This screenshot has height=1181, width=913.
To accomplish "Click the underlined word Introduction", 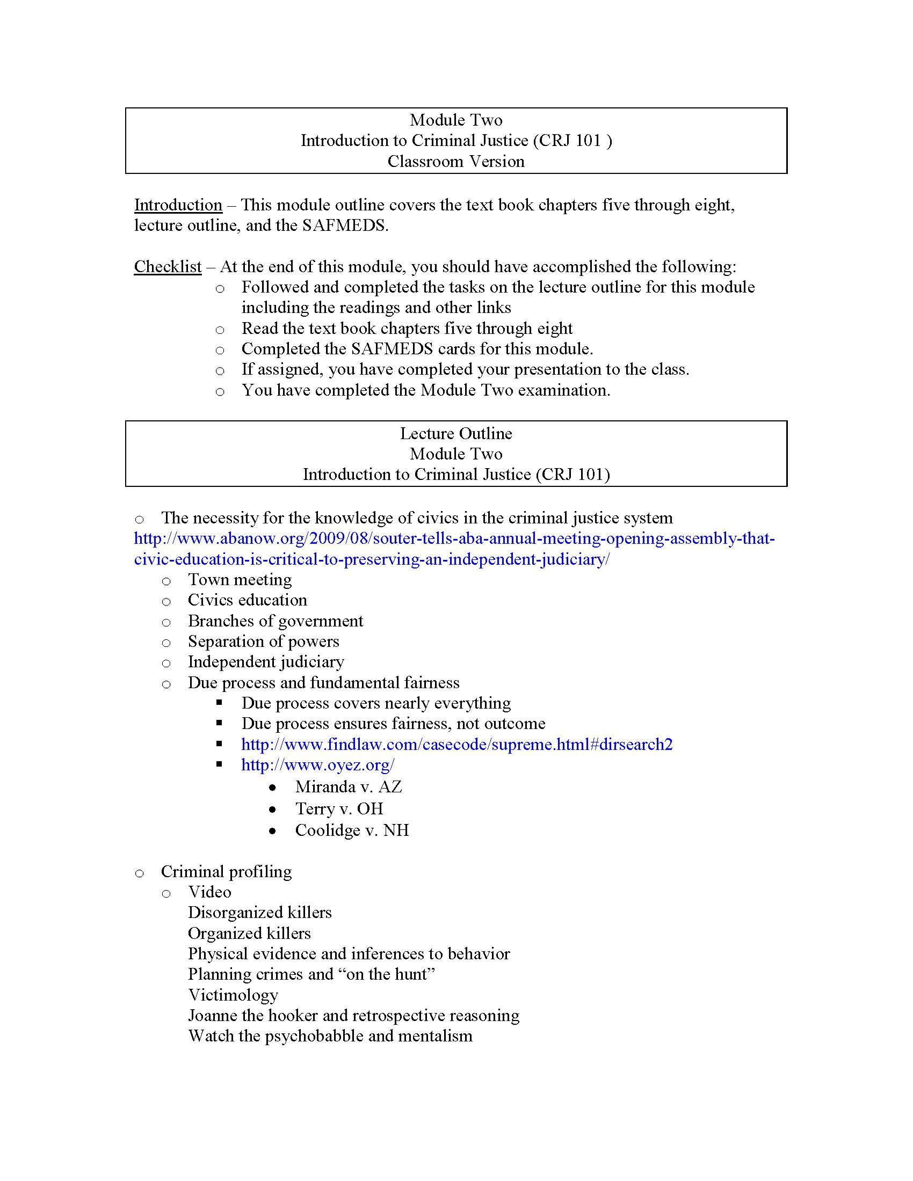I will click(178, 205).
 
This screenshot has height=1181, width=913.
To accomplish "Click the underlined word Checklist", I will click(168, 267).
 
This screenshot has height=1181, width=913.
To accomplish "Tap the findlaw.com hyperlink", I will click(457, 745).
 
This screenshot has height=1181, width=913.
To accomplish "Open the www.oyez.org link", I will click(317, 765).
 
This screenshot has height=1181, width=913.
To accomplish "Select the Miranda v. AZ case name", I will click(349, 787).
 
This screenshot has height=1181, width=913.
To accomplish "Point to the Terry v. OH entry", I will click(339, 809).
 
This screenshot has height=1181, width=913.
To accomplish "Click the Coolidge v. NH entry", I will click(352, 830).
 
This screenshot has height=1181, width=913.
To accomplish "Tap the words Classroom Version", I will click(456, 162).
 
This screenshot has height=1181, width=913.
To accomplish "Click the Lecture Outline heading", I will click(456, 434).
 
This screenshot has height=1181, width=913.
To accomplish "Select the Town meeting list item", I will click(240, 580).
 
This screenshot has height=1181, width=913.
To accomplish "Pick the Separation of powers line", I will click(263, 642).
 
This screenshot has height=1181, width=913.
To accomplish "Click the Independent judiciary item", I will click(265, 662).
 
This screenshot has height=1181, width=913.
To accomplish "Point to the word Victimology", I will click(233, 995).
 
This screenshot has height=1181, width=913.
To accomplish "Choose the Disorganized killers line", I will click(259, 913).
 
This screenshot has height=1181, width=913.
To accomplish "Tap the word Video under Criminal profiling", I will click(209, 892).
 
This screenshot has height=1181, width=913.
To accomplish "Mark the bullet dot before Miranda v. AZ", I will click(273, 788).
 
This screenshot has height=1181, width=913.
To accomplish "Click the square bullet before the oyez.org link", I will click(219, 764).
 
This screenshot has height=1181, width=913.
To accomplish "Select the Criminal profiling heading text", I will click(226, 872).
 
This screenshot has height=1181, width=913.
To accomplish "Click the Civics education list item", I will click(247, 600).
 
